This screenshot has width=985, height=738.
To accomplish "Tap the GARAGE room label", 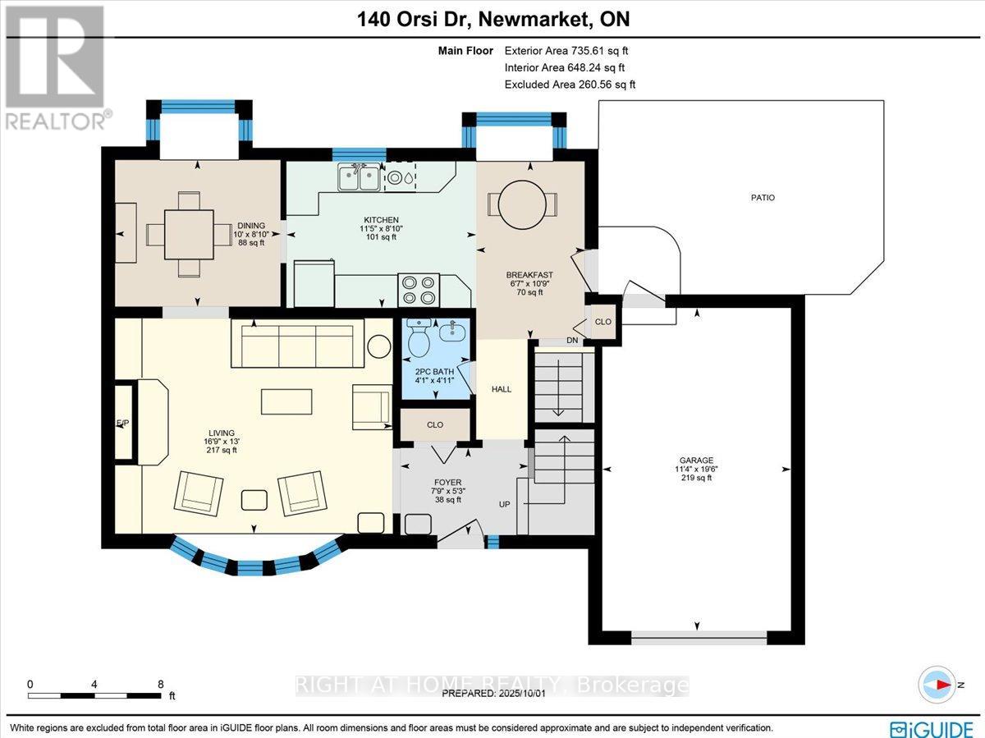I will [695, 461].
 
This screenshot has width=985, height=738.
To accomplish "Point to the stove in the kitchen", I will [417, 291].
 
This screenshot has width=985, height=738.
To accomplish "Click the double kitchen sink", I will [358, 176].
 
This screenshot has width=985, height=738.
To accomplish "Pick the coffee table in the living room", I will [286, 401].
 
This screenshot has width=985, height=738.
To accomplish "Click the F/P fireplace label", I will [122, 423].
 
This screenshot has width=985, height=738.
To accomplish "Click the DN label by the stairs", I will [572, 341].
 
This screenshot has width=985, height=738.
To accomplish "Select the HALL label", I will [501, 389].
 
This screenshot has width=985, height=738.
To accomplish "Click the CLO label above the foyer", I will [435, 424].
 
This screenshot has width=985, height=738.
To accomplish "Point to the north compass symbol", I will [937, 684].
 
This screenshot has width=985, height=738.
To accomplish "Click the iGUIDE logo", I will [932, 727].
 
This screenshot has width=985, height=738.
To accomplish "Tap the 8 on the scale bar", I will [161, 683].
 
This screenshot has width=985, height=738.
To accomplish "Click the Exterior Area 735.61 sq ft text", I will [569, 50].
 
